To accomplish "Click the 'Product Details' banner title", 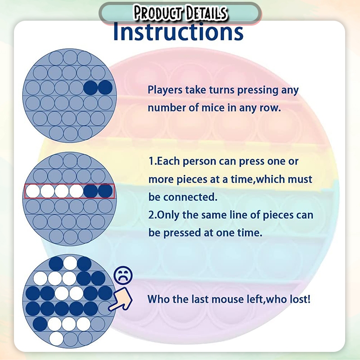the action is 180,13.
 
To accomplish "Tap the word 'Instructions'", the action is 178,31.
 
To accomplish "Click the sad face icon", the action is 123,275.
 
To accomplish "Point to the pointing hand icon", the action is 121,299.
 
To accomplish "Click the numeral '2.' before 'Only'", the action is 152,215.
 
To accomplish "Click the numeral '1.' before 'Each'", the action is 153,161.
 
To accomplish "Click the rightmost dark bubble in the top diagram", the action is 105,88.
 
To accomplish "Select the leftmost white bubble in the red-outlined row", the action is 33,191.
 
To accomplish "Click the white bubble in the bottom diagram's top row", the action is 70,263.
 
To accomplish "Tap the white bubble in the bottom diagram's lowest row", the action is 56,338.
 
